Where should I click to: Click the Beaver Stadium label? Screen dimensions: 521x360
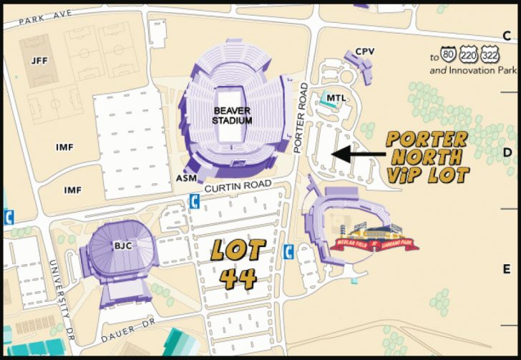point(232,115)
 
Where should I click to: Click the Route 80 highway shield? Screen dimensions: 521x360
point(449,54)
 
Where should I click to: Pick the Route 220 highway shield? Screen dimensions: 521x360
point(469,54)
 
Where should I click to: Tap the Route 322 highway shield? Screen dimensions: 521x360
point(490,54)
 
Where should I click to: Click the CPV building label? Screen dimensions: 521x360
point(365,52)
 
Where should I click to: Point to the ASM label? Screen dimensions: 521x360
point(184,177)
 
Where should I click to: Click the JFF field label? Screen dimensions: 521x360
point(39,61)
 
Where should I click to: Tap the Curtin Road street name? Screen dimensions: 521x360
point(238,186)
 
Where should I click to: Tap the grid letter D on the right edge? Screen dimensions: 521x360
point(506,152)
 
